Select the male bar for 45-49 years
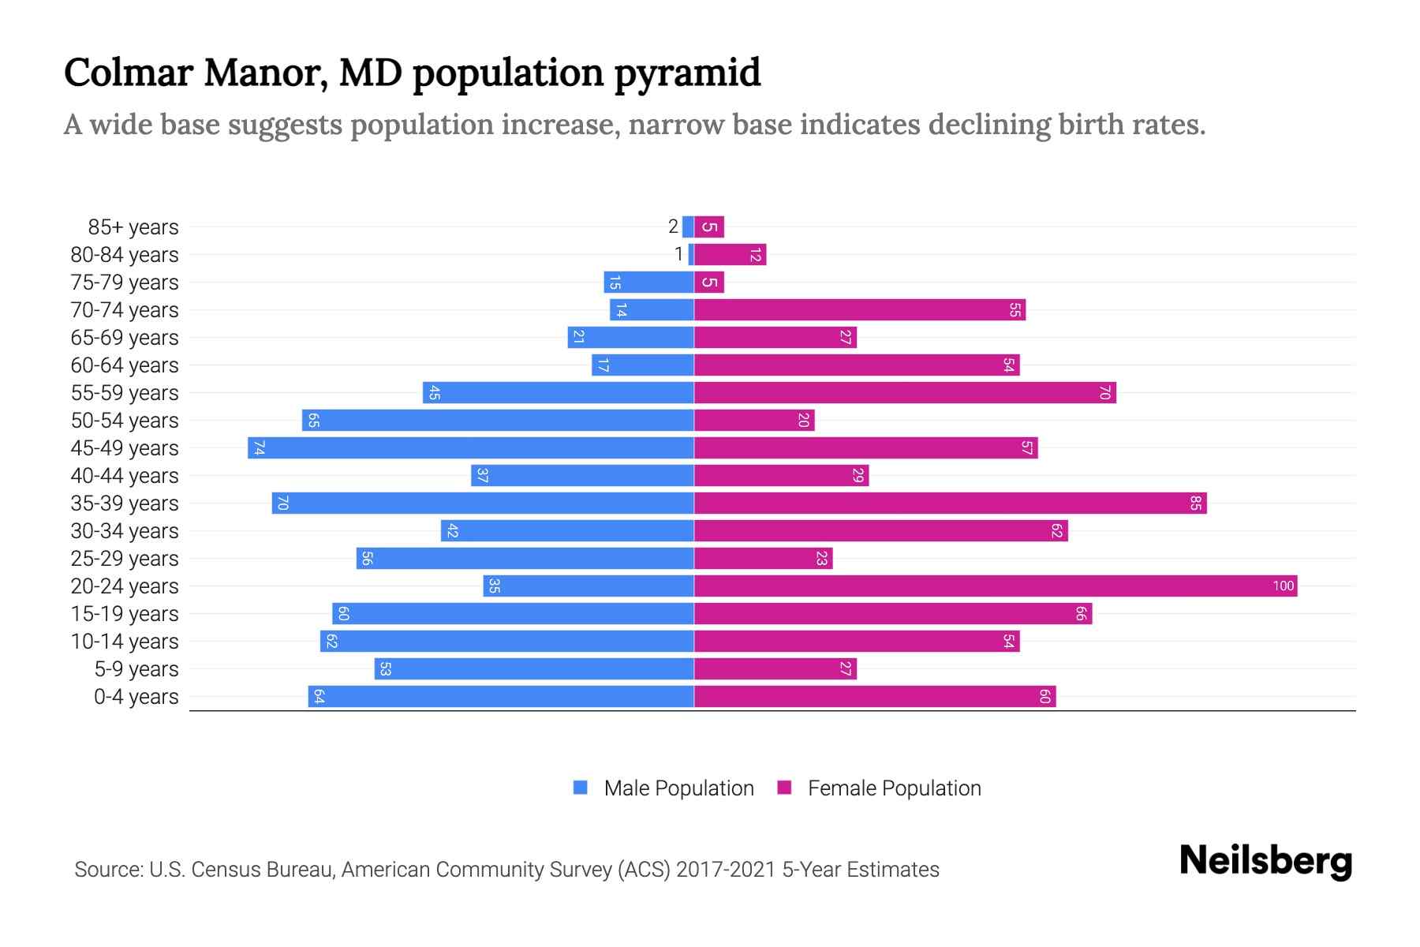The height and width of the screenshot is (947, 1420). click(471, 447)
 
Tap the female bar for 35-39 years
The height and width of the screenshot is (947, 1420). click(950, 503)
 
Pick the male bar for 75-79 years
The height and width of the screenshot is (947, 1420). click(648, 282)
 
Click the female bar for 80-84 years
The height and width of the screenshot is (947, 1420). click(730, 254)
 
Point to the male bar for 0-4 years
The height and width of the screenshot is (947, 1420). click(501, 696)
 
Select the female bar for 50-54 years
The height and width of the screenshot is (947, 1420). click(753, 420)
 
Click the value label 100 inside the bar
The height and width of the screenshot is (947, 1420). click(1283, 586)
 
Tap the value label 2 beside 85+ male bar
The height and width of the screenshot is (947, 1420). click(673, 226)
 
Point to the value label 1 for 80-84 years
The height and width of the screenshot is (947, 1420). click(678, 254)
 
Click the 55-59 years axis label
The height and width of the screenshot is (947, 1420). click(125, 393)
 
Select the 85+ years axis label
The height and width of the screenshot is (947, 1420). click(133, 227)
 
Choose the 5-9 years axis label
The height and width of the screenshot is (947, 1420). click(136, 669)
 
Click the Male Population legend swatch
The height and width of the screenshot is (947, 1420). click(581, 788)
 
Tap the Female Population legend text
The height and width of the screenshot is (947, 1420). click(894, 788)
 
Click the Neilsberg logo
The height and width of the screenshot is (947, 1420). click(1265, 861)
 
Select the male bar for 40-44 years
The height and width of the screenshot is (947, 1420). click(582, 475)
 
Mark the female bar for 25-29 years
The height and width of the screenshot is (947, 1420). click(763, 558)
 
